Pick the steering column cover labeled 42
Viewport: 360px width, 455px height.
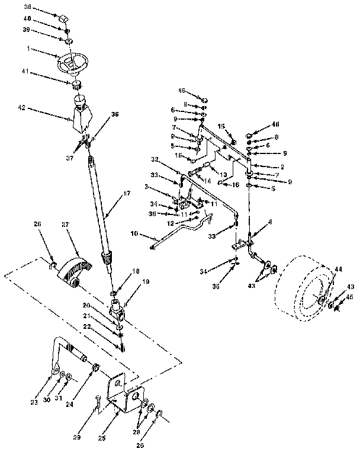[x=81, y=116]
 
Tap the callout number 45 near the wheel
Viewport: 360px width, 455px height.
[x=349, y=297]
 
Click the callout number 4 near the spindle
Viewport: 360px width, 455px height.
[x=271, y=222]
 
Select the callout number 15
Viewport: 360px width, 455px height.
[x=221, y=126]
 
